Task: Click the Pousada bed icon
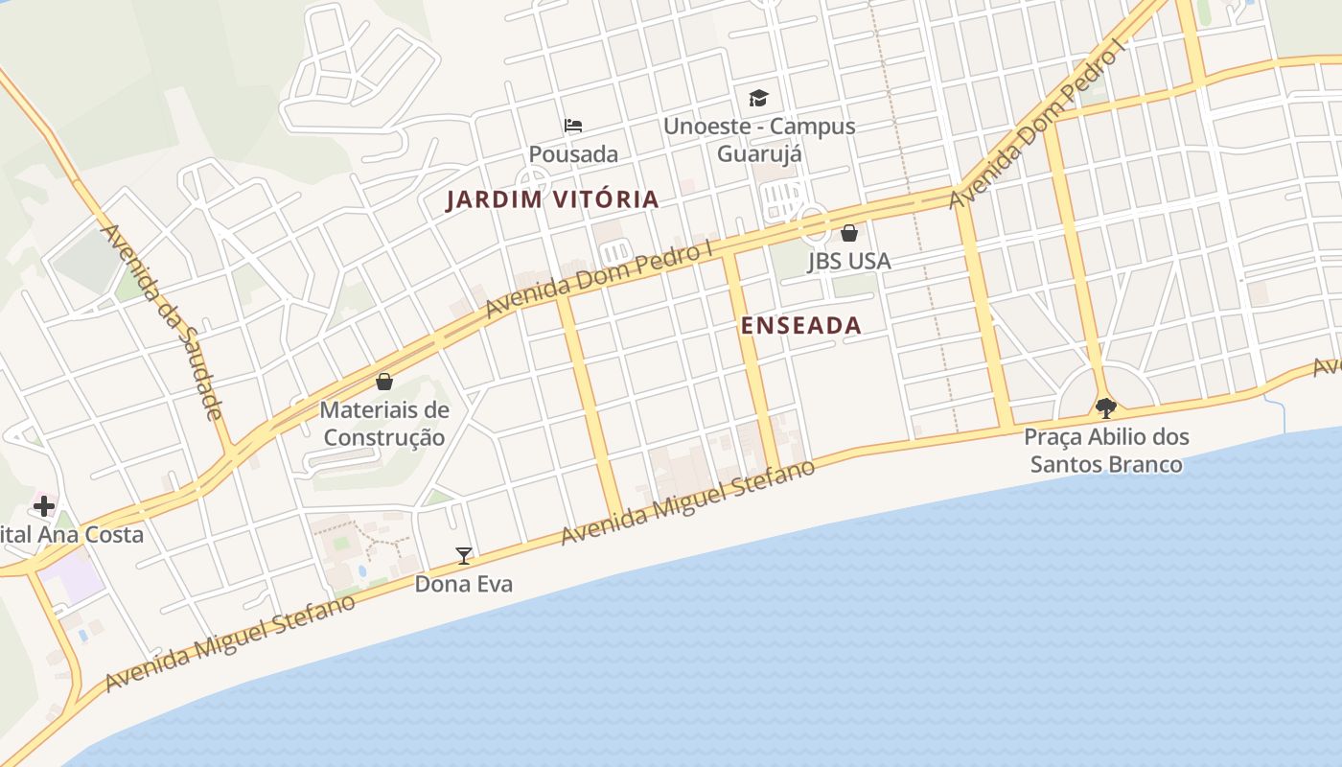click(x=573, y=126)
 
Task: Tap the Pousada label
click(x=573, y=153)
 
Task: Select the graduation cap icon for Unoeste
click(x=759, y=98)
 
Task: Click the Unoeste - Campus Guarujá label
click(x=759, y=139)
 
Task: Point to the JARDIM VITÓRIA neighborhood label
click(x=553, y=199)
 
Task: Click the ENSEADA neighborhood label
click(x=800, y=325)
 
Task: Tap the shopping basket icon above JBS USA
click(x=848, y=233)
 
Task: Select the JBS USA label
click(x=848, y=261)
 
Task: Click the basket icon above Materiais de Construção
click(x=384, y=382)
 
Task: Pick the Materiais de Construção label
click(x=384, y=424)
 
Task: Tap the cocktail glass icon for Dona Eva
click(x=464, y=555)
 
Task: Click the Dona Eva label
click(x=464, y=583)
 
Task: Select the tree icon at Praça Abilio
click(x=1106, y=408)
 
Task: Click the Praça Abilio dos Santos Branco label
click(x=1106, y=451)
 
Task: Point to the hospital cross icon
click(x=44, y=506)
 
